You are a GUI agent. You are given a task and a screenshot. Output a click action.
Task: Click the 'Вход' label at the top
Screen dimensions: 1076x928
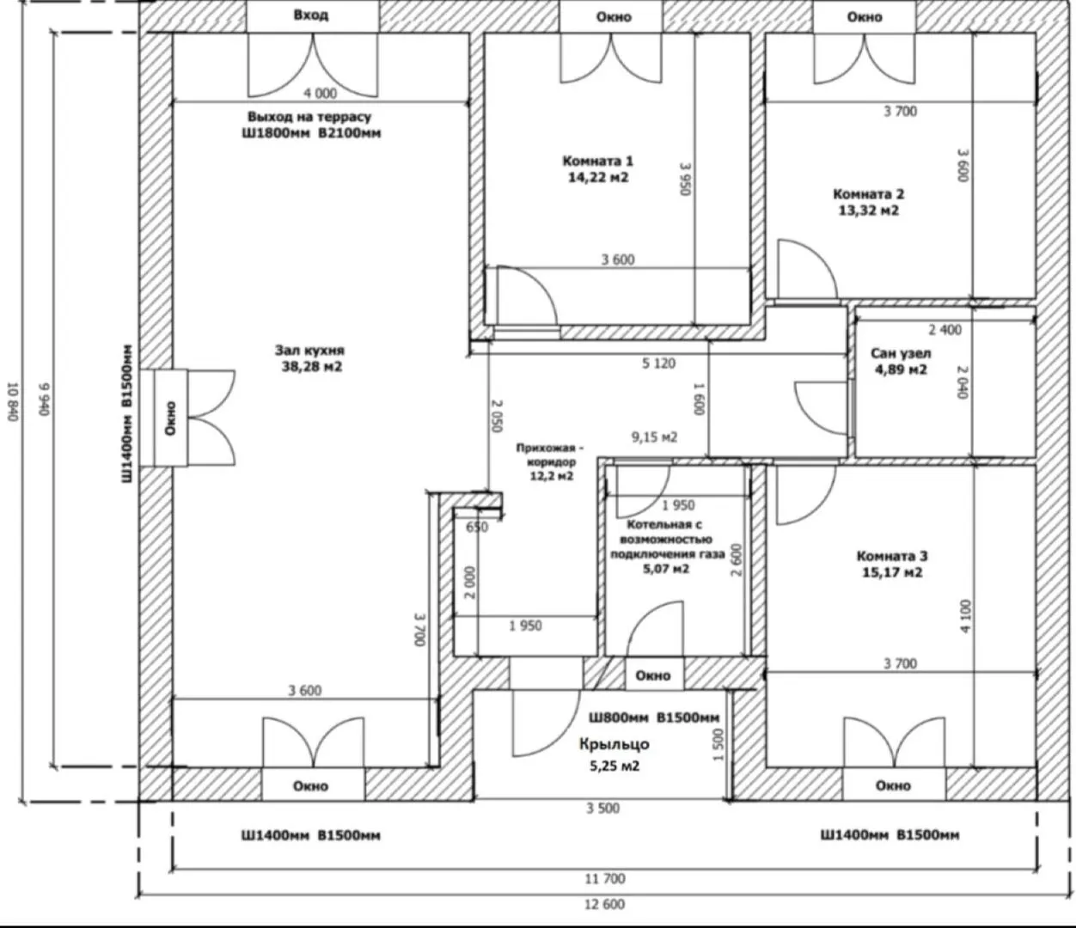(x=311, y=15)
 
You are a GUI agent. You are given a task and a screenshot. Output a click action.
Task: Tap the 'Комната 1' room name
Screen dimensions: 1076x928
(x=598, y=161)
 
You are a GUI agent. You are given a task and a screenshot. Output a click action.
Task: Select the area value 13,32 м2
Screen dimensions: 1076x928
(x=868, y=211)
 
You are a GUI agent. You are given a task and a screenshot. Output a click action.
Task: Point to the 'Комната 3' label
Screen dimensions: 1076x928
(x=892, y=556)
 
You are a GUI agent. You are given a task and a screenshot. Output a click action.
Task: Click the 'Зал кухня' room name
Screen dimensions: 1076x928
(x=309, y=351)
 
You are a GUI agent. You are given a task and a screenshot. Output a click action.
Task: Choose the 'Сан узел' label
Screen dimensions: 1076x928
(x=901, y=353)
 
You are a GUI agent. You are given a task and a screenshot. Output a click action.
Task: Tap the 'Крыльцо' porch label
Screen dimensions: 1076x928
(x=614, y=744)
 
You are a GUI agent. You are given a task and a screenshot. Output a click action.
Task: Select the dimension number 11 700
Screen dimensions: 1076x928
(x=604, y=878)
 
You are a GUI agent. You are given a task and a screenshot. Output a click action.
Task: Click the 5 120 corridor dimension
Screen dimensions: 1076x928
(x=658, y=363)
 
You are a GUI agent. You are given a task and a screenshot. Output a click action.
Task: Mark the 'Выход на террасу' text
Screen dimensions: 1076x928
(x=309, y=116)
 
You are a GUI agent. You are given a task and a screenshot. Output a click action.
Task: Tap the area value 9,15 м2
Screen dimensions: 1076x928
(x=654, y=437)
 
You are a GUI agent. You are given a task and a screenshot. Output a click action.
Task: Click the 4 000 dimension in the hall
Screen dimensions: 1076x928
(x=321, y=93)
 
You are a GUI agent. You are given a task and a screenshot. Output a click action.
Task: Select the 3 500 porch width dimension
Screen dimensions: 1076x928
(x=602, y=809)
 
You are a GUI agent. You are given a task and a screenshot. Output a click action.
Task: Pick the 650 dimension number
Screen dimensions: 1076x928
(x=477, y=528)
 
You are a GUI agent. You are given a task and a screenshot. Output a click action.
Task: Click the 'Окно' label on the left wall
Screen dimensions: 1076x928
(x=170, y=418)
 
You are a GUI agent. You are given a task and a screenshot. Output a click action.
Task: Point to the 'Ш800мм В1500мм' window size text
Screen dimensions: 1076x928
(x=654, y=717)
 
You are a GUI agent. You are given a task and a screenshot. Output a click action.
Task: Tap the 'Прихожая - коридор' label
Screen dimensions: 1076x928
(x=551, y=455)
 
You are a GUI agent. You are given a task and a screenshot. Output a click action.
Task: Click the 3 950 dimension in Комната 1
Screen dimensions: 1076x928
(x=685, y=179)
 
